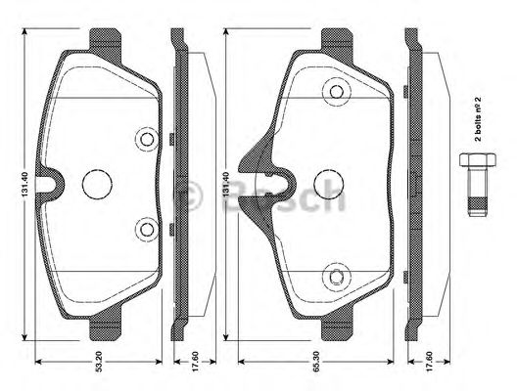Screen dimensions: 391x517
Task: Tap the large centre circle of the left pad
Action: pyautogui.click(x=98, y=183)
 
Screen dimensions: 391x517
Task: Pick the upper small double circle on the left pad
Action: pyautogui.click(x=147, y=139)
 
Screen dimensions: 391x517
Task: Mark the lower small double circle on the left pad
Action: pyautogui.click(x=147, y=230)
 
